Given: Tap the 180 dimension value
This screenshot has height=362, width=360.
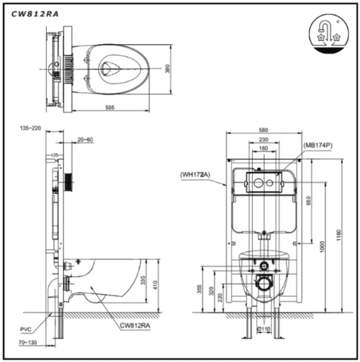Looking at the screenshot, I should point(263,149).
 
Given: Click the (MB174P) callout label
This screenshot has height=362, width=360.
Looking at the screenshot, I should point(318,145).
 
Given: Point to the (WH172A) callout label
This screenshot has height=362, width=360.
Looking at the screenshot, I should point(196,175).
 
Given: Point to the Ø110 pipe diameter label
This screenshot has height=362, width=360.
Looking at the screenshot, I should point(264,330).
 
